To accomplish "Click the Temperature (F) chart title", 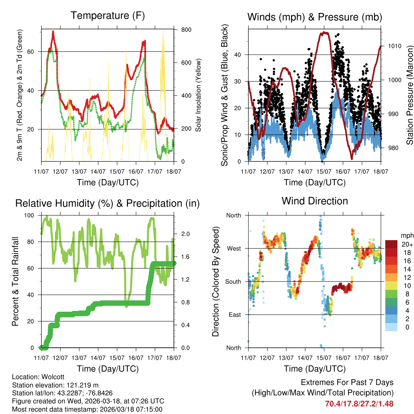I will click(x=108, y=16).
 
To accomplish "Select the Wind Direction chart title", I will click(x=315, y=201).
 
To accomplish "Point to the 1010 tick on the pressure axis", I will click(x=395, y=46).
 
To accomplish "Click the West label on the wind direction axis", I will click(x=233, y=248).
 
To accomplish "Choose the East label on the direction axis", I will click(x=234, y=315).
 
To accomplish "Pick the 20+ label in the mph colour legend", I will click(x=407, y=244).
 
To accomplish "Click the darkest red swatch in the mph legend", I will click(x=392, y=244).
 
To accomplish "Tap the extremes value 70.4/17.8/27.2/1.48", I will click(x=359, y=403).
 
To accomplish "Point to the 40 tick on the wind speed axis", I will click(x=238, y=55).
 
